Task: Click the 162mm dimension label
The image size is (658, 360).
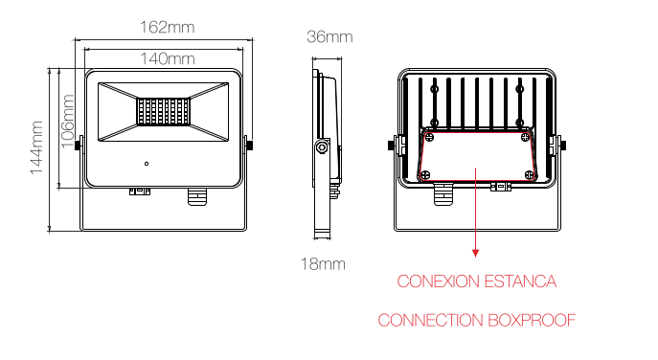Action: [162, 26]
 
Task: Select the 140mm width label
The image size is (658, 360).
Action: [161, 58]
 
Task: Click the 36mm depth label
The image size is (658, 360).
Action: [329, 36]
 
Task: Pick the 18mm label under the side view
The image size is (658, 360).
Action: [323, 263]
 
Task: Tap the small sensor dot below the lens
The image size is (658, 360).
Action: [147, 164]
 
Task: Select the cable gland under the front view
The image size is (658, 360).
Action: [195, 195]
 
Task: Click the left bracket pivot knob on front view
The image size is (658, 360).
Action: [80, 145]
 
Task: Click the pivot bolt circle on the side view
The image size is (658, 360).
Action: [322, 147]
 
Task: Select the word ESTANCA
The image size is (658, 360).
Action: [522, 281]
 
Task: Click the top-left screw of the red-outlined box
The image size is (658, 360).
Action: [427, 136]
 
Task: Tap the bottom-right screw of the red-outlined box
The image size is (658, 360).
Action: [530, 174]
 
